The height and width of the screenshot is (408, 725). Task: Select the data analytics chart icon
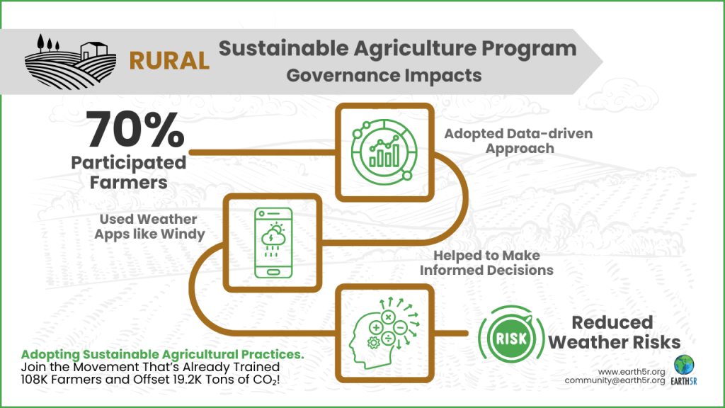(x=383, y=151)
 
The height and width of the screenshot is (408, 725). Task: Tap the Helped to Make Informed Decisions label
(x=486, y=262)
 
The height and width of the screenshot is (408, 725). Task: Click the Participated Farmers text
(x=128, y=172)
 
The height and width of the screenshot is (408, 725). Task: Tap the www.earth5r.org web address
(x=632, y=371)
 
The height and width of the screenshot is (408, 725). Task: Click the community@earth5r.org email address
(x=615, y=381)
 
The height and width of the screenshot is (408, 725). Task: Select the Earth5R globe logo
(x=684, y=366)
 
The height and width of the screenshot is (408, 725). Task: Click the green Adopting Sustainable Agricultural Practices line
(x=162, y=354)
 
